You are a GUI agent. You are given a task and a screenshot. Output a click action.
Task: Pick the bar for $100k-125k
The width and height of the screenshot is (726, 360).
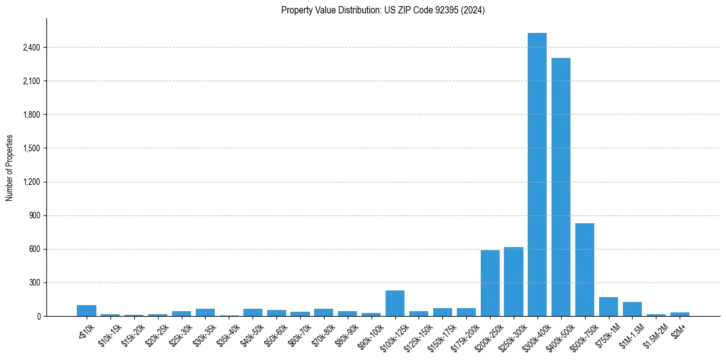tap(395, 303)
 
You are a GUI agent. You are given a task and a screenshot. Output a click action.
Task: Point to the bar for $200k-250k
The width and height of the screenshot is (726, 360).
tap(490, 283)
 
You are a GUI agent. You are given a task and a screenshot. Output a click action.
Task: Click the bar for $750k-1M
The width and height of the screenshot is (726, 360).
tap(608, 306)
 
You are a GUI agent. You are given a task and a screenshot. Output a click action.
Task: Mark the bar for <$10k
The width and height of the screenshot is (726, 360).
tap(87, 311)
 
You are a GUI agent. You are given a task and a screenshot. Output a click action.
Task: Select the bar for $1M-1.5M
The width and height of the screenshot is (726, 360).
tap(632, 309)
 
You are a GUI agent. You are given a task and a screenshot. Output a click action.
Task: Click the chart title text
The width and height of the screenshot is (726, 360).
tap(383, 10)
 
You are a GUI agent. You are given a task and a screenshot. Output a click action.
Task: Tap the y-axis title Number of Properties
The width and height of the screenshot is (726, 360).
tap(10, 168)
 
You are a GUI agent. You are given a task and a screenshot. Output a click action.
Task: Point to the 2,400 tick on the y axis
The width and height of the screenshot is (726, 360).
tap(31, 48)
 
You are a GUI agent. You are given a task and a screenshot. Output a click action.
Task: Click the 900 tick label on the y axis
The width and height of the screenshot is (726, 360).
tap(34, 215)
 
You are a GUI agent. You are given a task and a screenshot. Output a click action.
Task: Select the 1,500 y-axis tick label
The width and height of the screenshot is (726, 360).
tap(31, 148)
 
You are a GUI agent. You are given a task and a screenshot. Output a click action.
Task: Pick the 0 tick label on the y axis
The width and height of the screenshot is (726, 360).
tap(38, 316)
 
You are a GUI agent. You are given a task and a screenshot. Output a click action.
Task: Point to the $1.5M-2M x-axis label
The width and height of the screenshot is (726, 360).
tap(653, 333)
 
